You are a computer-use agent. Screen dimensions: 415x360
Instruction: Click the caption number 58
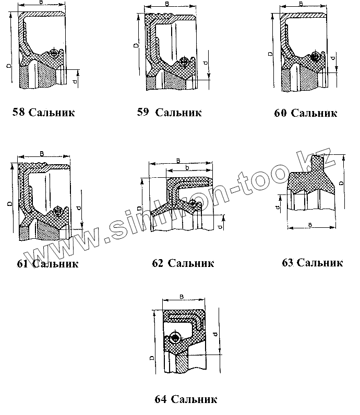click(x=19, y=113)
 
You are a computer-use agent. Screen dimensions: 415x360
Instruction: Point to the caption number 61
click(x=22, y=263)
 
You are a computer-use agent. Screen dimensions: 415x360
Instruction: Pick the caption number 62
click(x=158, y=263)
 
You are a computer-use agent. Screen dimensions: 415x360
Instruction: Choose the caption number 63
click(x=287, y=262)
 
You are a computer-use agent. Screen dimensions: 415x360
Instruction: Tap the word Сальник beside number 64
click(x=193, y=400)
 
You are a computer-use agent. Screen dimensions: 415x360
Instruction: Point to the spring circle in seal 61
click(x=57, y=211)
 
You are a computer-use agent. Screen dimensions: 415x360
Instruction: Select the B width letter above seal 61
click(x=41, y=153)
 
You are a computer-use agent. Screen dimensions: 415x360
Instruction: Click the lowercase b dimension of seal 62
click(x=187, y=167)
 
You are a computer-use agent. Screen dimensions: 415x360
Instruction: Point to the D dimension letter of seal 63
click(x=341, y=184)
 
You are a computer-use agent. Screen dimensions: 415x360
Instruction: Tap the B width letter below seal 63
click(x=310, y=224)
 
